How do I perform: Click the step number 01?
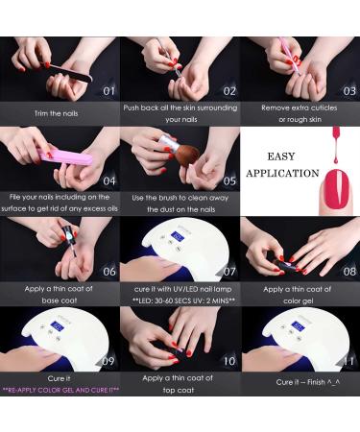click(x=108, y=91)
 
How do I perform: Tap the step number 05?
click(x=229, y=181)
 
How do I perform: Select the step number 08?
click(x=349, y=272)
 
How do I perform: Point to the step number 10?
click(x=229, y=361)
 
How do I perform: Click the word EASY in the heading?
click(x=281, y=156)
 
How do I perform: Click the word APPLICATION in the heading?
click(x=282, y=173)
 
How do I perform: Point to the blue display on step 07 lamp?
click(x=178, y=237)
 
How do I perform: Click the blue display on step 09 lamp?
click(x=58, y=326)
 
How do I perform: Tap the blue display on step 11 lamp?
click(x=298, y=327)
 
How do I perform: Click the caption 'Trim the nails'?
click(x=57, y=113)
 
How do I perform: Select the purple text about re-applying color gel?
click(x=60, y=390)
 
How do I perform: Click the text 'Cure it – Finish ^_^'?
click(x=308, y=382)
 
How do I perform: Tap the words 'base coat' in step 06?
click(x=60, y=300)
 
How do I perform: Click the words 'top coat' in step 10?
click(x=179, y=390)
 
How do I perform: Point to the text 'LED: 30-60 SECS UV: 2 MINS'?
click(x=183, y=300)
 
